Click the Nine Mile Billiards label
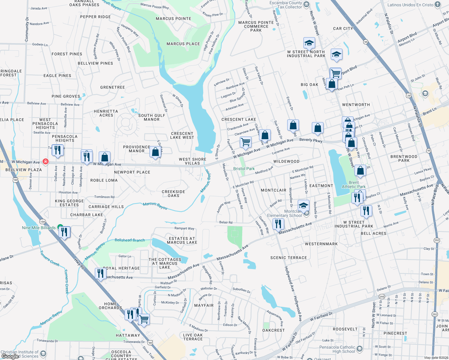tap(39, 228)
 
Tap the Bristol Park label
tap(244, 169)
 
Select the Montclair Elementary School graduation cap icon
tap(303, 206)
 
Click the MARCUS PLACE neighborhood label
tap(183, 44)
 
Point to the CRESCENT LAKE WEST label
tap(182, 136)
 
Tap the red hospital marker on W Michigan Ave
tap(45, 161)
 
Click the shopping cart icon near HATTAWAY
tap(144, 319)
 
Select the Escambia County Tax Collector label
tap(285, 5)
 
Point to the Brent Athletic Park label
tap(354, 184)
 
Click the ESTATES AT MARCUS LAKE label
tap(182, 240)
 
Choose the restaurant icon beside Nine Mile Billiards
tap(64, 232)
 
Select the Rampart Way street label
tap(184, 228)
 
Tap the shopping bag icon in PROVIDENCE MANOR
tap(155, 152)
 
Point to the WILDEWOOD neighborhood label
tap(286, 161)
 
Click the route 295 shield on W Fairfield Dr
tap(382, 296)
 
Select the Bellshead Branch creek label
tap(130, 240)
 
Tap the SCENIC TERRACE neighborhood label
tap(288, 258)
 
